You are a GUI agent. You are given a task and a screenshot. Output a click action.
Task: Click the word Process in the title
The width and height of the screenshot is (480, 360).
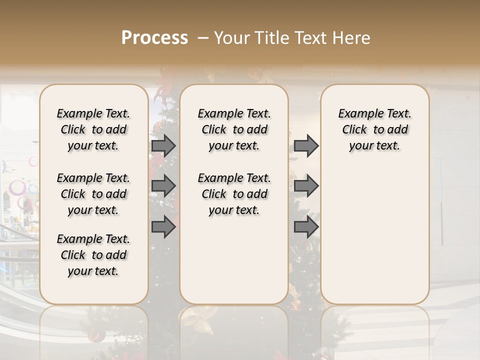(154, 38)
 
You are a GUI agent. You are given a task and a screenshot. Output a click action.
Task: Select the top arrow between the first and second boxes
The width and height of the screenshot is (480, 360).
(163, 146)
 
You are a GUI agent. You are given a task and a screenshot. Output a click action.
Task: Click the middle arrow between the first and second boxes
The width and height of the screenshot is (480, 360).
(163, 186)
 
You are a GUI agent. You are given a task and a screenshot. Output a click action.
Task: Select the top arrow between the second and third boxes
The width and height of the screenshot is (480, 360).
(306, 146)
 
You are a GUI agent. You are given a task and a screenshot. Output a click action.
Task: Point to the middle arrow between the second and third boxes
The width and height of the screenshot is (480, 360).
(306, 186)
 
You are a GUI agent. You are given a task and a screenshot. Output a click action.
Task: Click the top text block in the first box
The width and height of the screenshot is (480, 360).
(93, 129)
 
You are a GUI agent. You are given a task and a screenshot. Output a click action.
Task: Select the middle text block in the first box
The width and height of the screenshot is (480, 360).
(93, 194)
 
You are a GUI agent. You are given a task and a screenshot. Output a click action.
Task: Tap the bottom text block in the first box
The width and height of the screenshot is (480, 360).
(93, 255)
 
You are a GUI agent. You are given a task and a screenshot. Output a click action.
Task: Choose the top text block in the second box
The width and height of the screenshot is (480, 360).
(234, 129)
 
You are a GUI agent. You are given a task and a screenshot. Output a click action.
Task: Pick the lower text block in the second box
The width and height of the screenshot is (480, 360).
(234, 194)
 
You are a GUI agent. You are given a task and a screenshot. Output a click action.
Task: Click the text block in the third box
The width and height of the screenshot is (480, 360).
(375, 129)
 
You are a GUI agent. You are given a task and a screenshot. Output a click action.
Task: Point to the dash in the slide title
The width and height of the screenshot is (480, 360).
(203, 38)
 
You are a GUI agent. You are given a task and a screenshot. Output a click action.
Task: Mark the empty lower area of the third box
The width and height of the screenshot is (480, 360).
(375, 235)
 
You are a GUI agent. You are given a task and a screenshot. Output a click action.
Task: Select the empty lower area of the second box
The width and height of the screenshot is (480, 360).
(234, 260)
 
